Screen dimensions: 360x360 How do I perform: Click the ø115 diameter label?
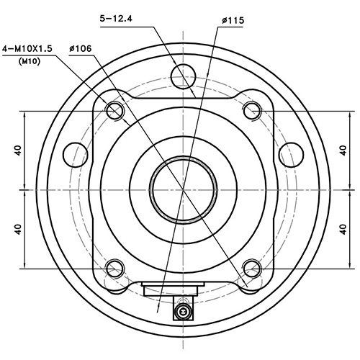232,21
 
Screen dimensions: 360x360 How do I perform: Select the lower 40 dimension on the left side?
17,229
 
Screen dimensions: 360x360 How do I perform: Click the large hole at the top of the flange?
184,73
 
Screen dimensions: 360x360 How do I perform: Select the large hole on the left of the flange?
75,153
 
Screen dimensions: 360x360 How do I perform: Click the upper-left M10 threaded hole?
114,110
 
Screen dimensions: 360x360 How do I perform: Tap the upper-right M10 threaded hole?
251,110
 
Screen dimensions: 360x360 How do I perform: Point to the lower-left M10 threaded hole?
114,269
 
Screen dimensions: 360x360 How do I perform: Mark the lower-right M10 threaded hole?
251,269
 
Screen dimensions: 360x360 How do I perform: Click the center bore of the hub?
184,189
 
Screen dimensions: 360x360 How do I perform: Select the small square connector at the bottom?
183,312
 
